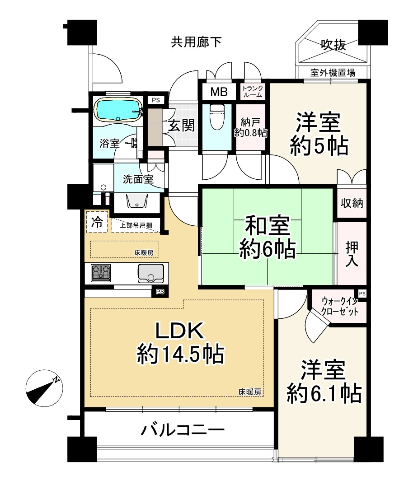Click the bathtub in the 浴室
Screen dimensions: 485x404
(x=118, y=110)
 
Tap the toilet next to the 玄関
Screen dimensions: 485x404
(x=216, y=117)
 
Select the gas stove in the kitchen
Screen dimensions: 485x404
(x=101, y=273)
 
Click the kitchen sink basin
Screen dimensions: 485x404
(x=151, y=274)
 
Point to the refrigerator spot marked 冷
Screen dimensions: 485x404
(x=97, y=222)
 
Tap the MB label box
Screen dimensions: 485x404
(x=219, y=92)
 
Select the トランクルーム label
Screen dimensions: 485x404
(x=252, y=92)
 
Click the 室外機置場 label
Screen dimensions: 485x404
(x=332, y=72)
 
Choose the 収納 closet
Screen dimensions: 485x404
(x=352, y=203)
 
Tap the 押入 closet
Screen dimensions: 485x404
(x=352, y=254)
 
